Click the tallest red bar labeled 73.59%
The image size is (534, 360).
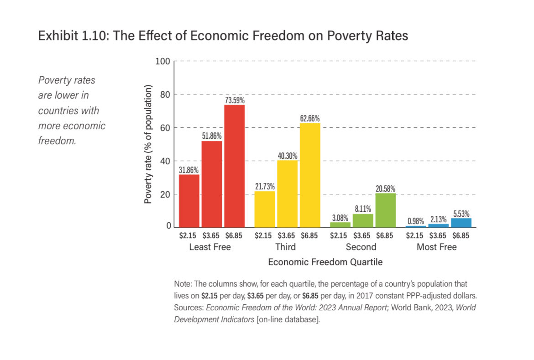coord(234,166)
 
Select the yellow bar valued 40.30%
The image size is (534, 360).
coord(287,193)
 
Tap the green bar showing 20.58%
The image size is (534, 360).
coord(385,210)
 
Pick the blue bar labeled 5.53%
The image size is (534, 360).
coord(461,223)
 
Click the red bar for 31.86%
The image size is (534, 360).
coord(189,201)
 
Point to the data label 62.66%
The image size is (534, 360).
coord(310,119)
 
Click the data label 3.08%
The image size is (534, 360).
coord(340,218)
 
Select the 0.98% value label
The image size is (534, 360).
coord(415,221)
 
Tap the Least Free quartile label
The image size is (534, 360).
coord(210,247)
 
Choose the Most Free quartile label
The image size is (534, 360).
coord(436,247)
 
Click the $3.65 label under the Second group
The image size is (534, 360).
coord(362,236)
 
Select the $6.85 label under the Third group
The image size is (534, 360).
coord(309,236)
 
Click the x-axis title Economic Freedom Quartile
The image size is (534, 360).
coord(325,262)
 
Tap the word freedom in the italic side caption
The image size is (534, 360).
coord(57,141)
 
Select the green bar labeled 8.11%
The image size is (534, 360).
coord(363,220)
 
